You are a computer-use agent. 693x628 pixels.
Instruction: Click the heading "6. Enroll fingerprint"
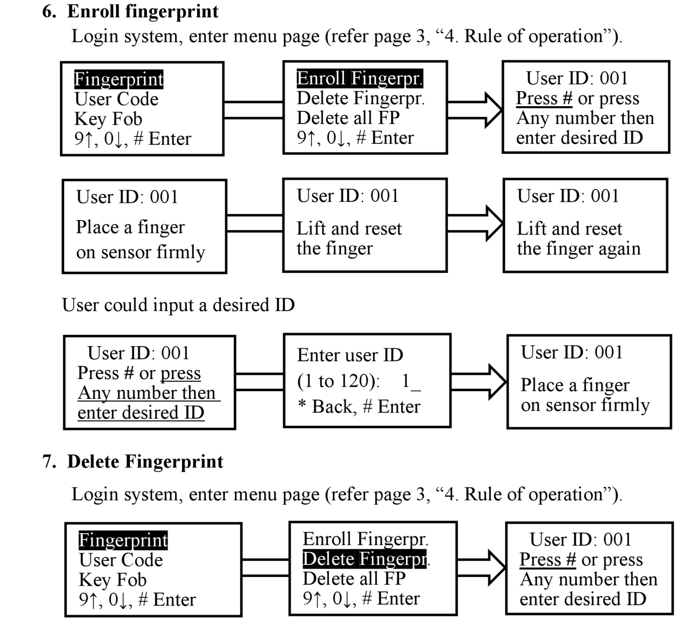(130, 11)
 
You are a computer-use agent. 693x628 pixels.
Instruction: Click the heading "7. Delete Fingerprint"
(133, 462)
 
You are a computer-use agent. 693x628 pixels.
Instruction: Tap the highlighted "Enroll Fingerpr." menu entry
(359, 78)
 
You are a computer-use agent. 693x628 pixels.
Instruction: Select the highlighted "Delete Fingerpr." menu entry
(365, 559)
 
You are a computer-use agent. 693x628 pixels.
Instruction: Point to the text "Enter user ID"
(350, 355)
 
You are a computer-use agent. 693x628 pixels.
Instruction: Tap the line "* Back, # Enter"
(359, 406)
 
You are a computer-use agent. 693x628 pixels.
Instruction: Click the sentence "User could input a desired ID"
(178, 305)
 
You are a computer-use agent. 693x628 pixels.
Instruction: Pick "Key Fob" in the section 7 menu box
(113, 580)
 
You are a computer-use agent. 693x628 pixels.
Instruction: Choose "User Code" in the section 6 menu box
(117, 99)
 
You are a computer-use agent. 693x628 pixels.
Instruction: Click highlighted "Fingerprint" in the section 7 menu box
(123, 541)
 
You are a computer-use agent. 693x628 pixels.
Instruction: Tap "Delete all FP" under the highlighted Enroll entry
(348, 118)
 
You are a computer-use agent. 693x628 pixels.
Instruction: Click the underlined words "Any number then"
(147, 393)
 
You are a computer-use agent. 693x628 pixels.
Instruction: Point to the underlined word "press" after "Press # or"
(181, 373)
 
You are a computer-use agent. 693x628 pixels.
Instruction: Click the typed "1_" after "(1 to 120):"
(411, 382)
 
